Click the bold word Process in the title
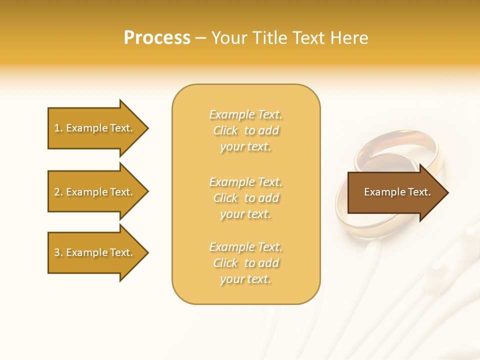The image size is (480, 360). (157, 38)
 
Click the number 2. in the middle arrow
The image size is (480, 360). (58, 192)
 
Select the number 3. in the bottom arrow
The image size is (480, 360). (58, 252)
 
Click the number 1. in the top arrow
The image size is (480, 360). (58, 128)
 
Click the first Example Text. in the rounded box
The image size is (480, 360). (245, 114)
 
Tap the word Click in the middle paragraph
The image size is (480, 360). (225, 198)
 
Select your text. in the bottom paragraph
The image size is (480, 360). (245, 279)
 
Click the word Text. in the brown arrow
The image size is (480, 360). (418, 192)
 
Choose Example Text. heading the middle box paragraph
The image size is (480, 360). (245, 182)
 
